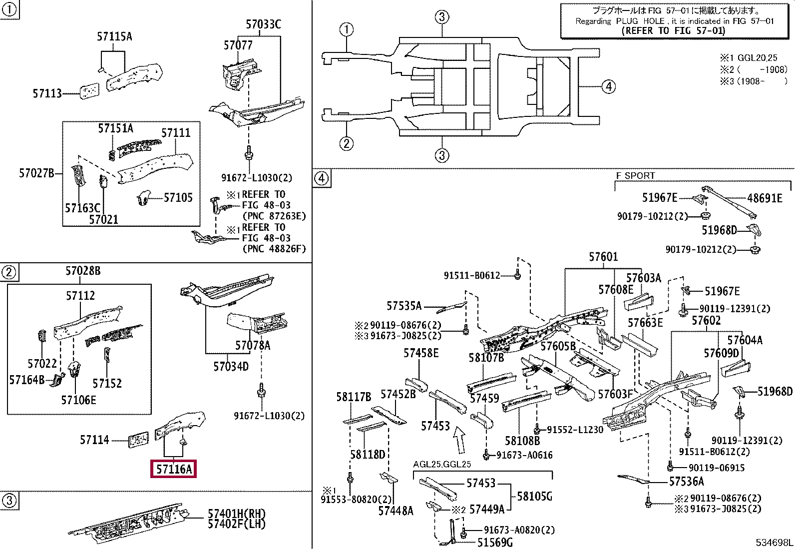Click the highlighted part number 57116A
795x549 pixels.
click(x=174, y=469)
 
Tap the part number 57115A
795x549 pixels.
click(x=114, y=36)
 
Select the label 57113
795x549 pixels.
click(x=47, y=93)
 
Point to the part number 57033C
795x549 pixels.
click(x=263, y=24)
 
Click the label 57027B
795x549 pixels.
click(x=36, y=173)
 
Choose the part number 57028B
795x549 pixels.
click(x=83, y=271)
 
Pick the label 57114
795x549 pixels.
click(x=94, y=440)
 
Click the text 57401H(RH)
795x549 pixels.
click(x=236, y=514)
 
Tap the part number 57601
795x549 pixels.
click(x=603, y=256)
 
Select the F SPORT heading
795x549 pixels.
click(x=635, y=175)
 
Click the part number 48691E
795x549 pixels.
click(x=765, y=198)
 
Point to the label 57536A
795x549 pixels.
click(x=687, y=481)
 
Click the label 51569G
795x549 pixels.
click(x=495, y=542)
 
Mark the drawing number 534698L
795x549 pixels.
click(x=774, y=543)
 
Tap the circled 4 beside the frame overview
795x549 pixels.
click(x=609, y=86)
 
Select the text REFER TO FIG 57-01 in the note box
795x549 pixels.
click(x=673, y=30)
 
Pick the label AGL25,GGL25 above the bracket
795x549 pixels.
click(x=442, y=464)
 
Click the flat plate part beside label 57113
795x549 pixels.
click(x=89, y=91)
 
